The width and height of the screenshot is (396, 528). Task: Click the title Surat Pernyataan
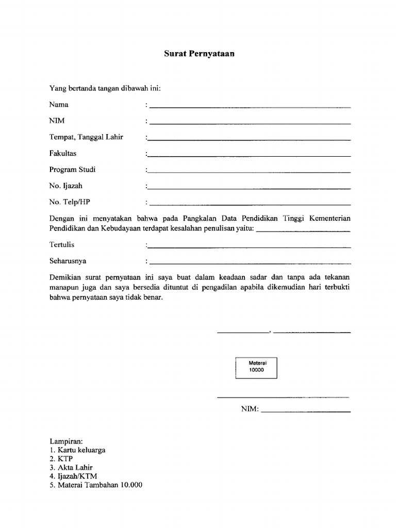click(199, 53)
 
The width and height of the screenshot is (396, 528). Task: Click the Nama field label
click(59, 105)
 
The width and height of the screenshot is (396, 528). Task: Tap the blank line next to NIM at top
click(250, 123)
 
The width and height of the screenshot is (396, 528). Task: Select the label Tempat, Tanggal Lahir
click(86, 137)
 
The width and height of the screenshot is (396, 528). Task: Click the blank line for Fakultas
click(250, 156)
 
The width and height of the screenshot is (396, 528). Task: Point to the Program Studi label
click(72, 170)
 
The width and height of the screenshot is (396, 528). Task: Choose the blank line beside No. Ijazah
click(250, 188)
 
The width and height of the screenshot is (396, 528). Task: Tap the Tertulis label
click(62, 245)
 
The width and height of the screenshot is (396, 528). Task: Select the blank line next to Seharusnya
click(250, 263)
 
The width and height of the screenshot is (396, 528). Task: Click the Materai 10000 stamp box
click(256, 368)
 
